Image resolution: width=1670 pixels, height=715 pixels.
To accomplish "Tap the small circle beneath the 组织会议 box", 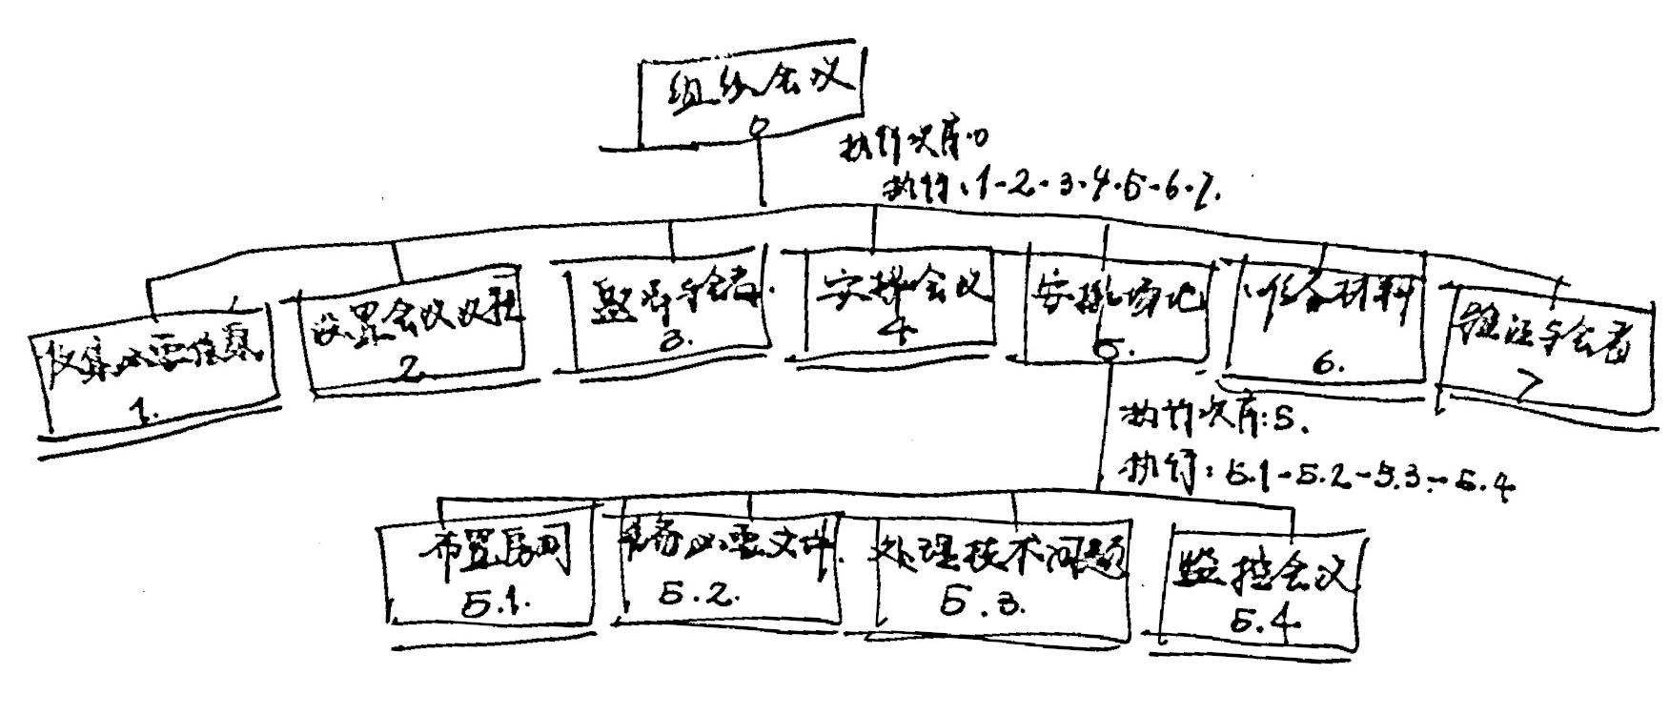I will pyautogui.click(x=760, y=127).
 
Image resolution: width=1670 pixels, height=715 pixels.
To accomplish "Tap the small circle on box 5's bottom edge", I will pyautogui.click(x=1107, y=353).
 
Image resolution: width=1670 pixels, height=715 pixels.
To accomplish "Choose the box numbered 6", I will pyautogui.click(x=1326, y=328).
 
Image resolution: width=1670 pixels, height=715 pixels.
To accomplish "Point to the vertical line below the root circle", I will pyautogui.click(x=762, y=172).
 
